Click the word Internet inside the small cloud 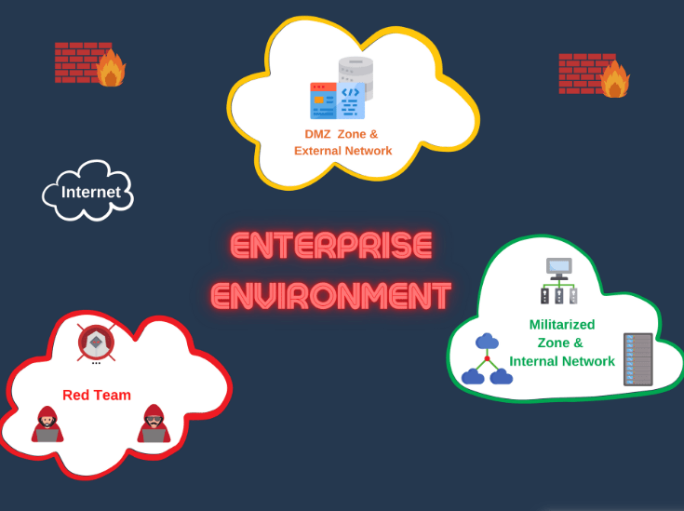point(90,193)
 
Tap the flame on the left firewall point(112,69)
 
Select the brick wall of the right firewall point(580,73)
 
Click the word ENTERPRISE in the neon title point(331,246)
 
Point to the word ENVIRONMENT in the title point(331,295)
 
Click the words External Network point(342,151)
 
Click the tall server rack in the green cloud point(637,359)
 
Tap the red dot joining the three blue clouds point(487,358)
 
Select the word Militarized point(561,325)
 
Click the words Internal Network point(562,361)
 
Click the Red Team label point(97,395)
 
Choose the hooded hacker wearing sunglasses point(154,424)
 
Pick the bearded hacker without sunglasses point(47,424)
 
